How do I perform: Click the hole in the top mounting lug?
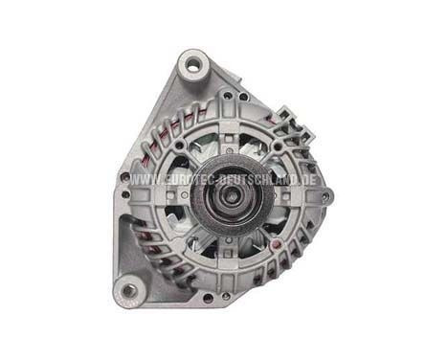pos(195,66)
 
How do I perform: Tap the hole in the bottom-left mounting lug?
pos(127,287)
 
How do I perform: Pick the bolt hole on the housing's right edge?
pos(326,197)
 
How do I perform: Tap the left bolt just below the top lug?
pos(226,96)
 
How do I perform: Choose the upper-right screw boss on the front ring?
pos(277,146)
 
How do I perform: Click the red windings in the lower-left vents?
pos(144,239)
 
